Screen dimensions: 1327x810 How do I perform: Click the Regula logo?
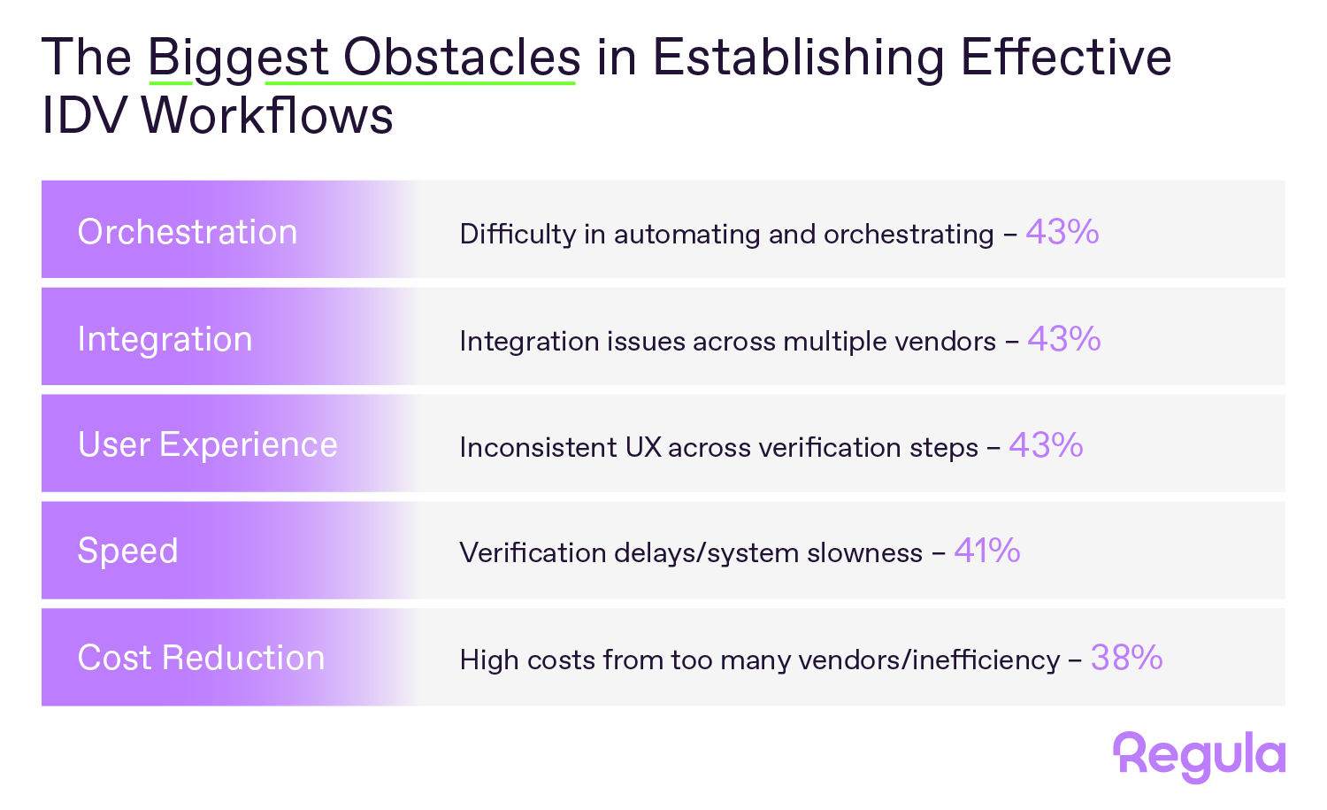[1199, 757]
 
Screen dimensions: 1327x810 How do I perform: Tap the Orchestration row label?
[188, 231]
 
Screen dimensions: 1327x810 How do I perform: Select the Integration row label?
[165, 340]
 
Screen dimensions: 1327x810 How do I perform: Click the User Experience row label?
[207, 445]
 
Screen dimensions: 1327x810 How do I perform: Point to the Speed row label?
[127, 552]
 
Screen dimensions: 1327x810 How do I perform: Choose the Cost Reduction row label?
[201, 658]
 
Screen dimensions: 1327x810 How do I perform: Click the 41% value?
[987, 551]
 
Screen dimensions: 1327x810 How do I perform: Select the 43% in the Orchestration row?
[1062, 231]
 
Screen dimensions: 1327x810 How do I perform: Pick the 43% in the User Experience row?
[1047, 444]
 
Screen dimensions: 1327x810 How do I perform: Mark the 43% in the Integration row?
[1064, 338]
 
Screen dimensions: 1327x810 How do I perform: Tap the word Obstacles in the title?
[462, 57]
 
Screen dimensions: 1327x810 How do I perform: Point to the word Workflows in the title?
[267, 114]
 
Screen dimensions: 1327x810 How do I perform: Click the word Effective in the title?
[1066, 57]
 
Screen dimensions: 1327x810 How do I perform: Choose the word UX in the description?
[643, 447]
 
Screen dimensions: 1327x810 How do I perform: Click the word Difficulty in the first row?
[518, 235]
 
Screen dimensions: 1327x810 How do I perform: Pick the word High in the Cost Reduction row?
[489, 660]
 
